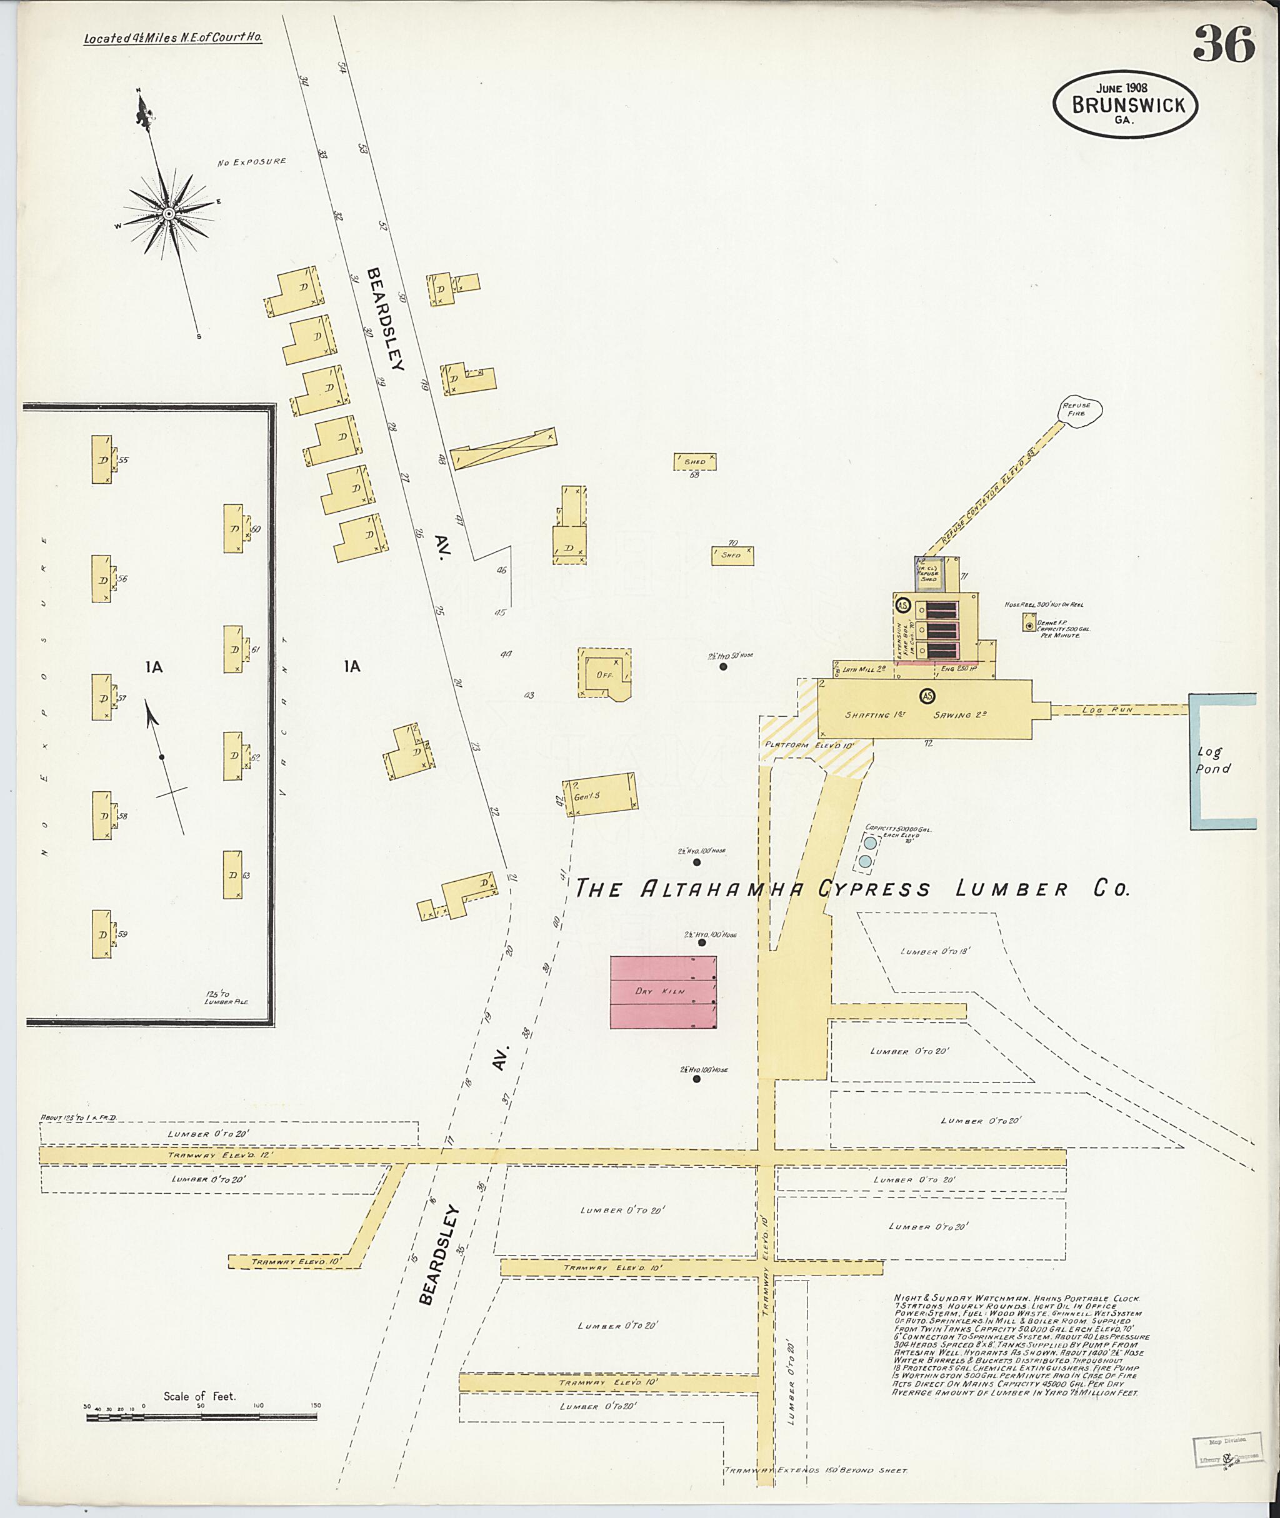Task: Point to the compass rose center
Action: click(168, 213)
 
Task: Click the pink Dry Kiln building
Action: click(663, 991)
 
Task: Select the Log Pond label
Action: click(1212, 761)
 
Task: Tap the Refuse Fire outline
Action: click(1081, 411)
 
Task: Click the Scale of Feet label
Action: click(199, 1396)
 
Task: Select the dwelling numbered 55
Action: click(102, 459)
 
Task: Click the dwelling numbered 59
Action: click(102, 934)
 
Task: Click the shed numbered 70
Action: click(731, 555)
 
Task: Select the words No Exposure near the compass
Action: click(252, 162)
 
